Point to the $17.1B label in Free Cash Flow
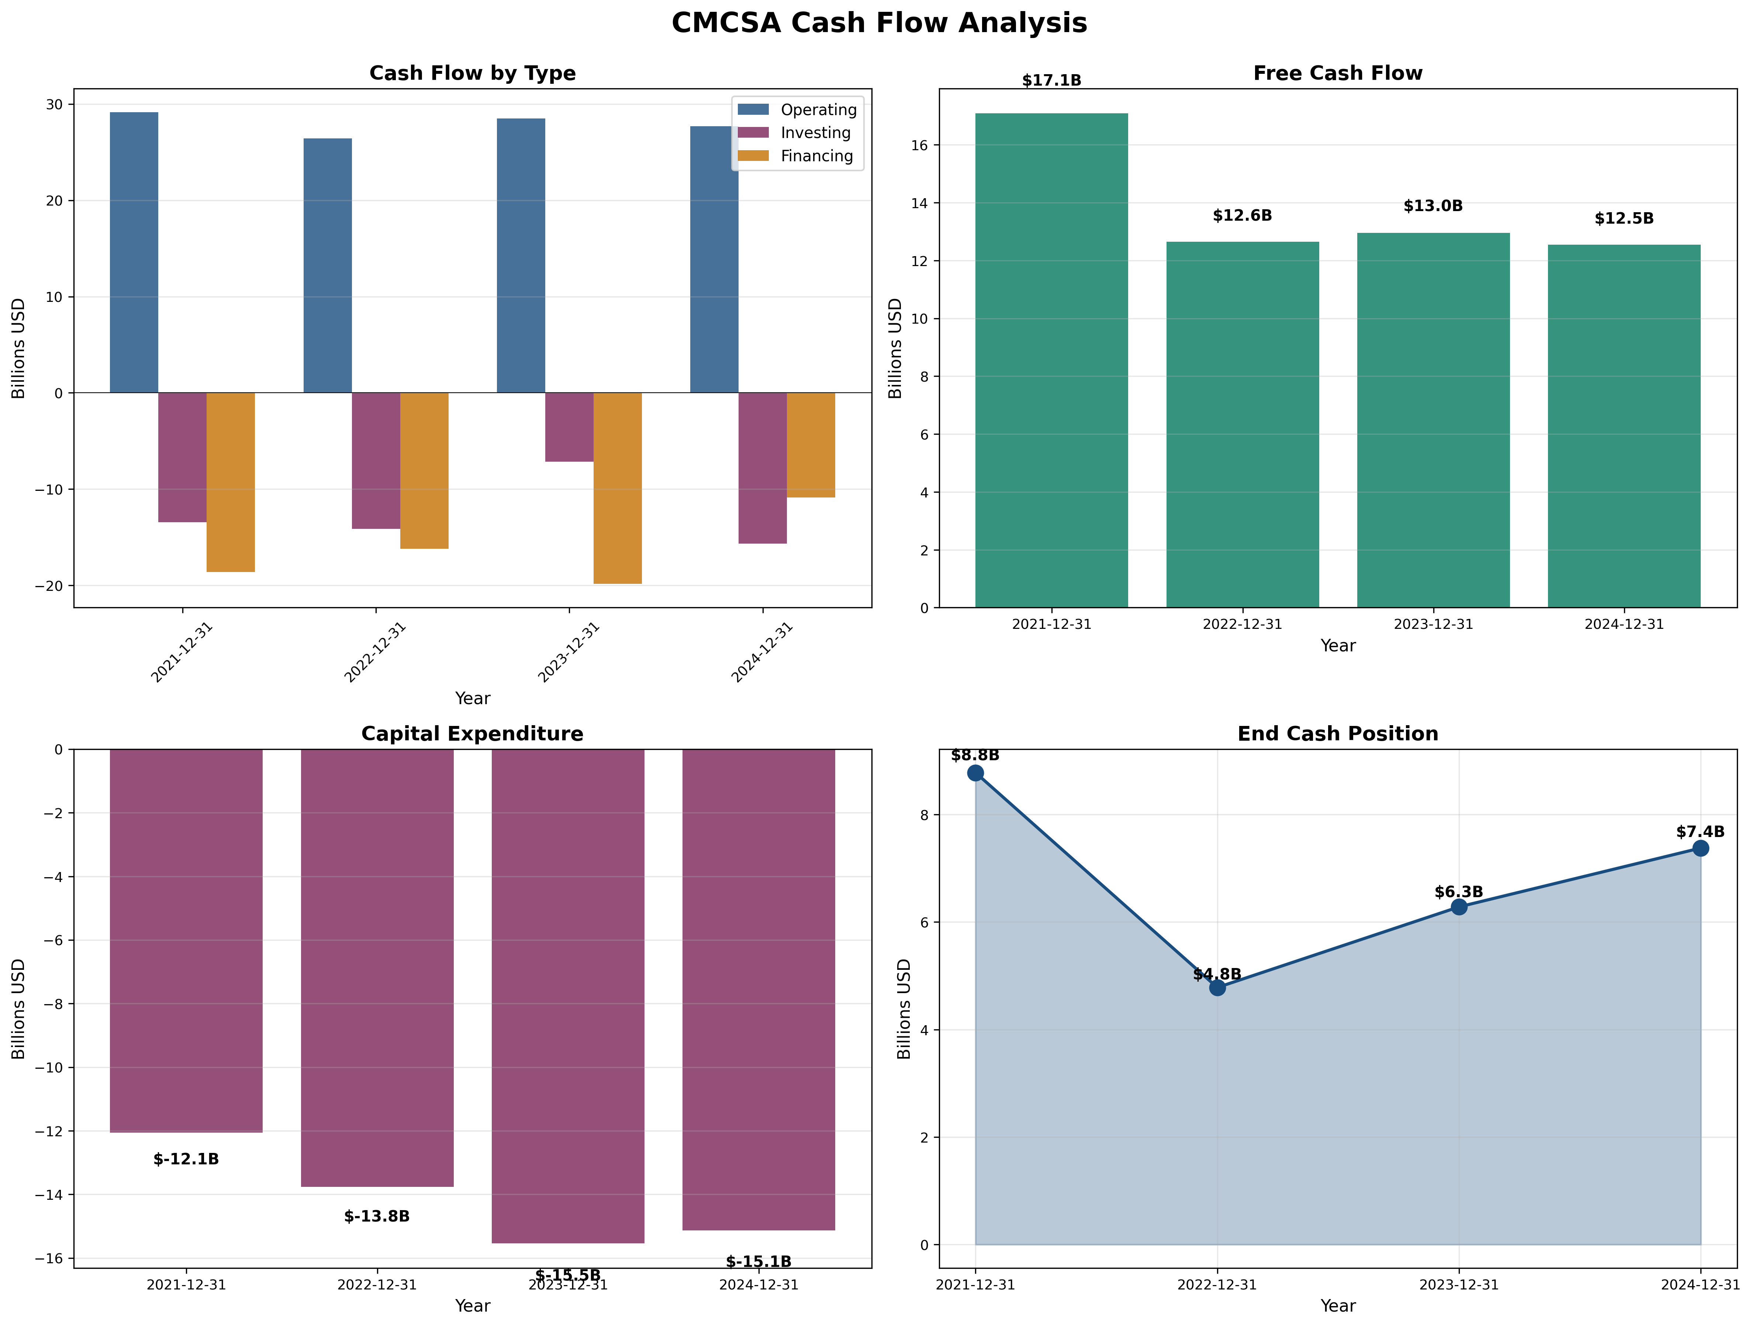point(1051,81)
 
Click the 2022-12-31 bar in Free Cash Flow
point(1242,424)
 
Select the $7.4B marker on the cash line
point(1700,848)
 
